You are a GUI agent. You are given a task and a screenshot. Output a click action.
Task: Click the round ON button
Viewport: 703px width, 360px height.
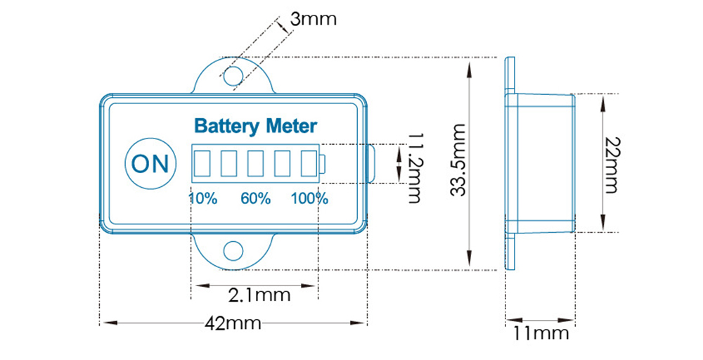coord(150,163)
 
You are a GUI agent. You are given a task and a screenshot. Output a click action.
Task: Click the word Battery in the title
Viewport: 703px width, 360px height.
coord(224,127)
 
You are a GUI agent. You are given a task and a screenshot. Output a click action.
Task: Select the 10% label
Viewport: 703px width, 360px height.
coord(202,198)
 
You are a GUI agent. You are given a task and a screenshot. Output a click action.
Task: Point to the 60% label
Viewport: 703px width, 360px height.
coord(255,198)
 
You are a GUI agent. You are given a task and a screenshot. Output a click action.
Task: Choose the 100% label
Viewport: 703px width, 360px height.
coord(309,198)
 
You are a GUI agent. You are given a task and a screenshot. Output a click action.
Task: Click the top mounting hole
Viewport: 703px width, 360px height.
coord(233,75)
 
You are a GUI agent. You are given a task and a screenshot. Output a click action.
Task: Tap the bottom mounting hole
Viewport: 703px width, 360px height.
coord(233,250)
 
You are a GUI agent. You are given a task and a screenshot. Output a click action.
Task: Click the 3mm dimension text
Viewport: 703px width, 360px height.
coord(313,19)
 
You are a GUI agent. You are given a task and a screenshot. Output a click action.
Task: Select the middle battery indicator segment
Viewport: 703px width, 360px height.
coord(255,164)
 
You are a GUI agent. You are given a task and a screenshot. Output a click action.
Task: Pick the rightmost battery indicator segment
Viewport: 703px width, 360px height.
coord(308,164)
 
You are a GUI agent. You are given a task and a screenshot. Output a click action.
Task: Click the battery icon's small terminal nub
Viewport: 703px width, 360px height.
coord(322,164)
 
